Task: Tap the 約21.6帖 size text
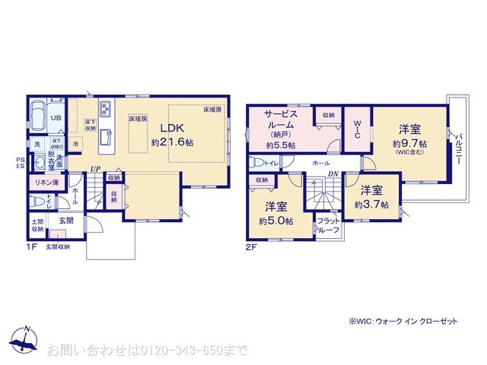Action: coord(172,142)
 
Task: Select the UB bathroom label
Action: coord(56,119)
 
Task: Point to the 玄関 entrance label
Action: coord(67,221)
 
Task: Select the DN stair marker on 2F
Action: coord(332,174)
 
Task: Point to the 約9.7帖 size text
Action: coord(409,143)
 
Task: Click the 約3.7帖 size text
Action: coord(371,205)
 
